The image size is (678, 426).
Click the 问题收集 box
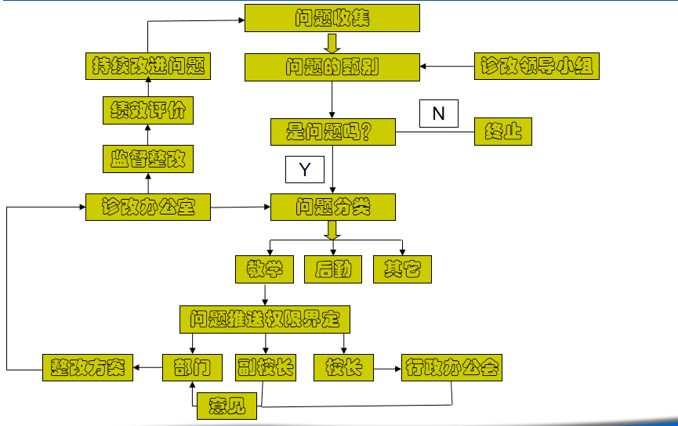[332, 18]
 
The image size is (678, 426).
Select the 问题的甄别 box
[332, 67]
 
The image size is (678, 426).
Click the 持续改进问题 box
[147, 67]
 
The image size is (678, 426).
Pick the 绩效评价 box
[147, 110]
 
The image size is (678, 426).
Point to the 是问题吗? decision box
[332, 132]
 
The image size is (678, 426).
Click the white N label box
[438, 114]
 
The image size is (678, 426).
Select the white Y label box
[305, 169]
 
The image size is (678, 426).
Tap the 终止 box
[503, 132]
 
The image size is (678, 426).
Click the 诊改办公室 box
[147, 208]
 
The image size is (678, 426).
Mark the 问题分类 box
[332, 208]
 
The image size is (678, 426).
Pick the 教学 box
[264, 269]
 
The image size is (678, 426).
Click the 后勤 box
[333, 269]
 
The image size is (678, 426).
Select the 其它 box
[402, 269]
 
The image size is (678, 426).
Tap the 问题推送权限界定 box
[265, 319]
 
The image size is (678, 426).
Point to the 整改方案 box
[87, 367]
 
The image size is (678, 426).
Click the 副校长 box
[265, 367]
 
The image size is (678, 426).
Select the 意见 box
[227, 406]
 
